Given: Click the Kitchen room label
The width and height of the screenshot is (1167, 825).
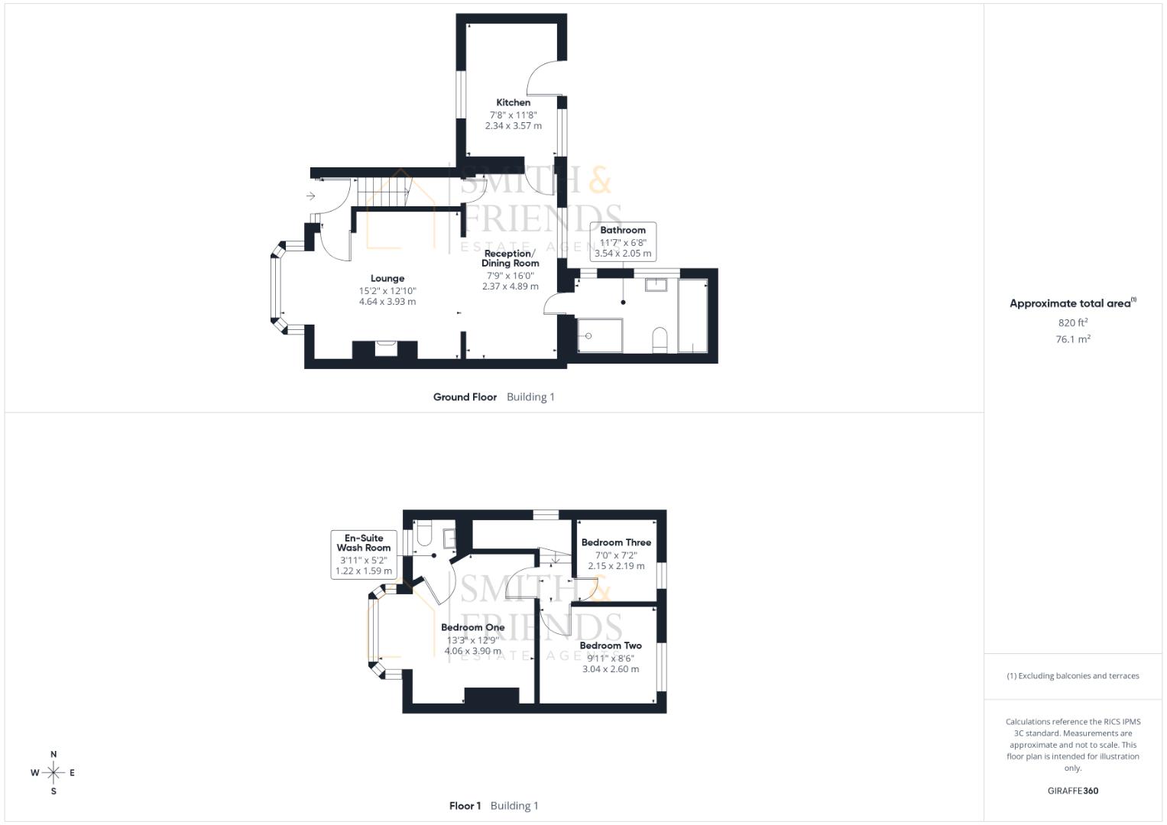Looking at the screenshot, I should tap(513, 102).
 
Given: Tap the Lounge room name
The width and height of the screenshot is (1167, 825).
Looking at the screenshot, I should tap(387, 279).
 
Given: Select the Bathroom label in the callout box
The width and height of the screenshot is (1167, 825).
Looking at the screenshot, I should tap(622, 230).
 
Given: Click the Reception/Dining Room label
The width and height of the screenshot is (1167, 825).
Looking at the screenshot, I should tap(510, 258).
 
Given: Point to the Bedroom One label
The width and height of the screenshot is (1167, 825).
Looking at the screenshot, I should tap(472, 627).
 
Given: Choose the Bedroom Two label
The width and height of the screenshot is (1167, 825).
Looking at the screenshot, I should tap(610, 645).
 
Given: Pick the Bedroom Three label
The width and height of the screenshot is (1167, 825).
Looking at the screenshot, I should tap(616, 542).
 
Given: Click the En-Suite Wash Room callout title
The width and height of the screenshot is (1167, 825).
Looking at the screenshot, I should tap(364, 542).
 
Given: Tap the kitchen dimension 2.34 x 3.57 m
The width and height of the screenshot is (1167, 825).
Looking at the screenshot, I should tap(513, 126).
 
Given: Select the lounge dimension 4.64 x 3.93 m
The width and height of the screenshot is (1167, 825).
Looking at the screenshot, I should tap(387, 302).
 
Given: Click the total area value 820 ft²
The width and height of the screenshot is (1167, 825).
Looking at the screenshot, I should tap(1072, 323).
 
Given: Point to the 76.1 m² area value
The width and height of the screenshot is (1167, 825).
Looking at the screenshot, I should tap(1072, 339).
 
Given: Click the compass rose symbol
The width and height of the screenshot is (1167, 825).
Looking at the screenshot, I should tap(53, 772).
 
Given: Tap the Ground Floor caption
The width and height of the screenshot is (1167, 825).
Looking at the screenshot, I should tap(465, 397).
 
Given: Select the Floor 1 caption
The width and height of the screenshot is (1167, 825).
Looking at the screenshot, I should tap(465, 806).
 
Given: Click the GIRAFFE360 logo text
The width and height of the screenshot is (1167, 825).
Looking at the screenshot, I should tap(1072, 791).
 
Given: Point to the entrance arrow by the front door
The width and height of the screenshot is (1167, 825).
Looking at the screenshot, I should tap(310, 196).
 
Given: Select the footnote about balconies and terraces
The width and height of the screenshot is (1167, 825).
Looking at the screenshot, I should tap(1072, 676).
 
